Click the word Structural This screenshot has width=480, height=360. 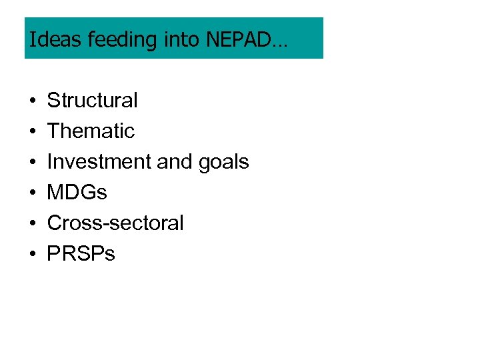pos(92,101)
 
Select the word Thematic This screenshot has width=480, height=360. pos(91,131)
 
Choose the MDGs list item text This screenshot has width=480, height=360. pos(77,193)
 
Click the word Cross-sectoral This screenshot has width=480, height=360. pos(115,223)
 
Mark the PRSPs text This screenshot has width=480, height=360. pos(81,254)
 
